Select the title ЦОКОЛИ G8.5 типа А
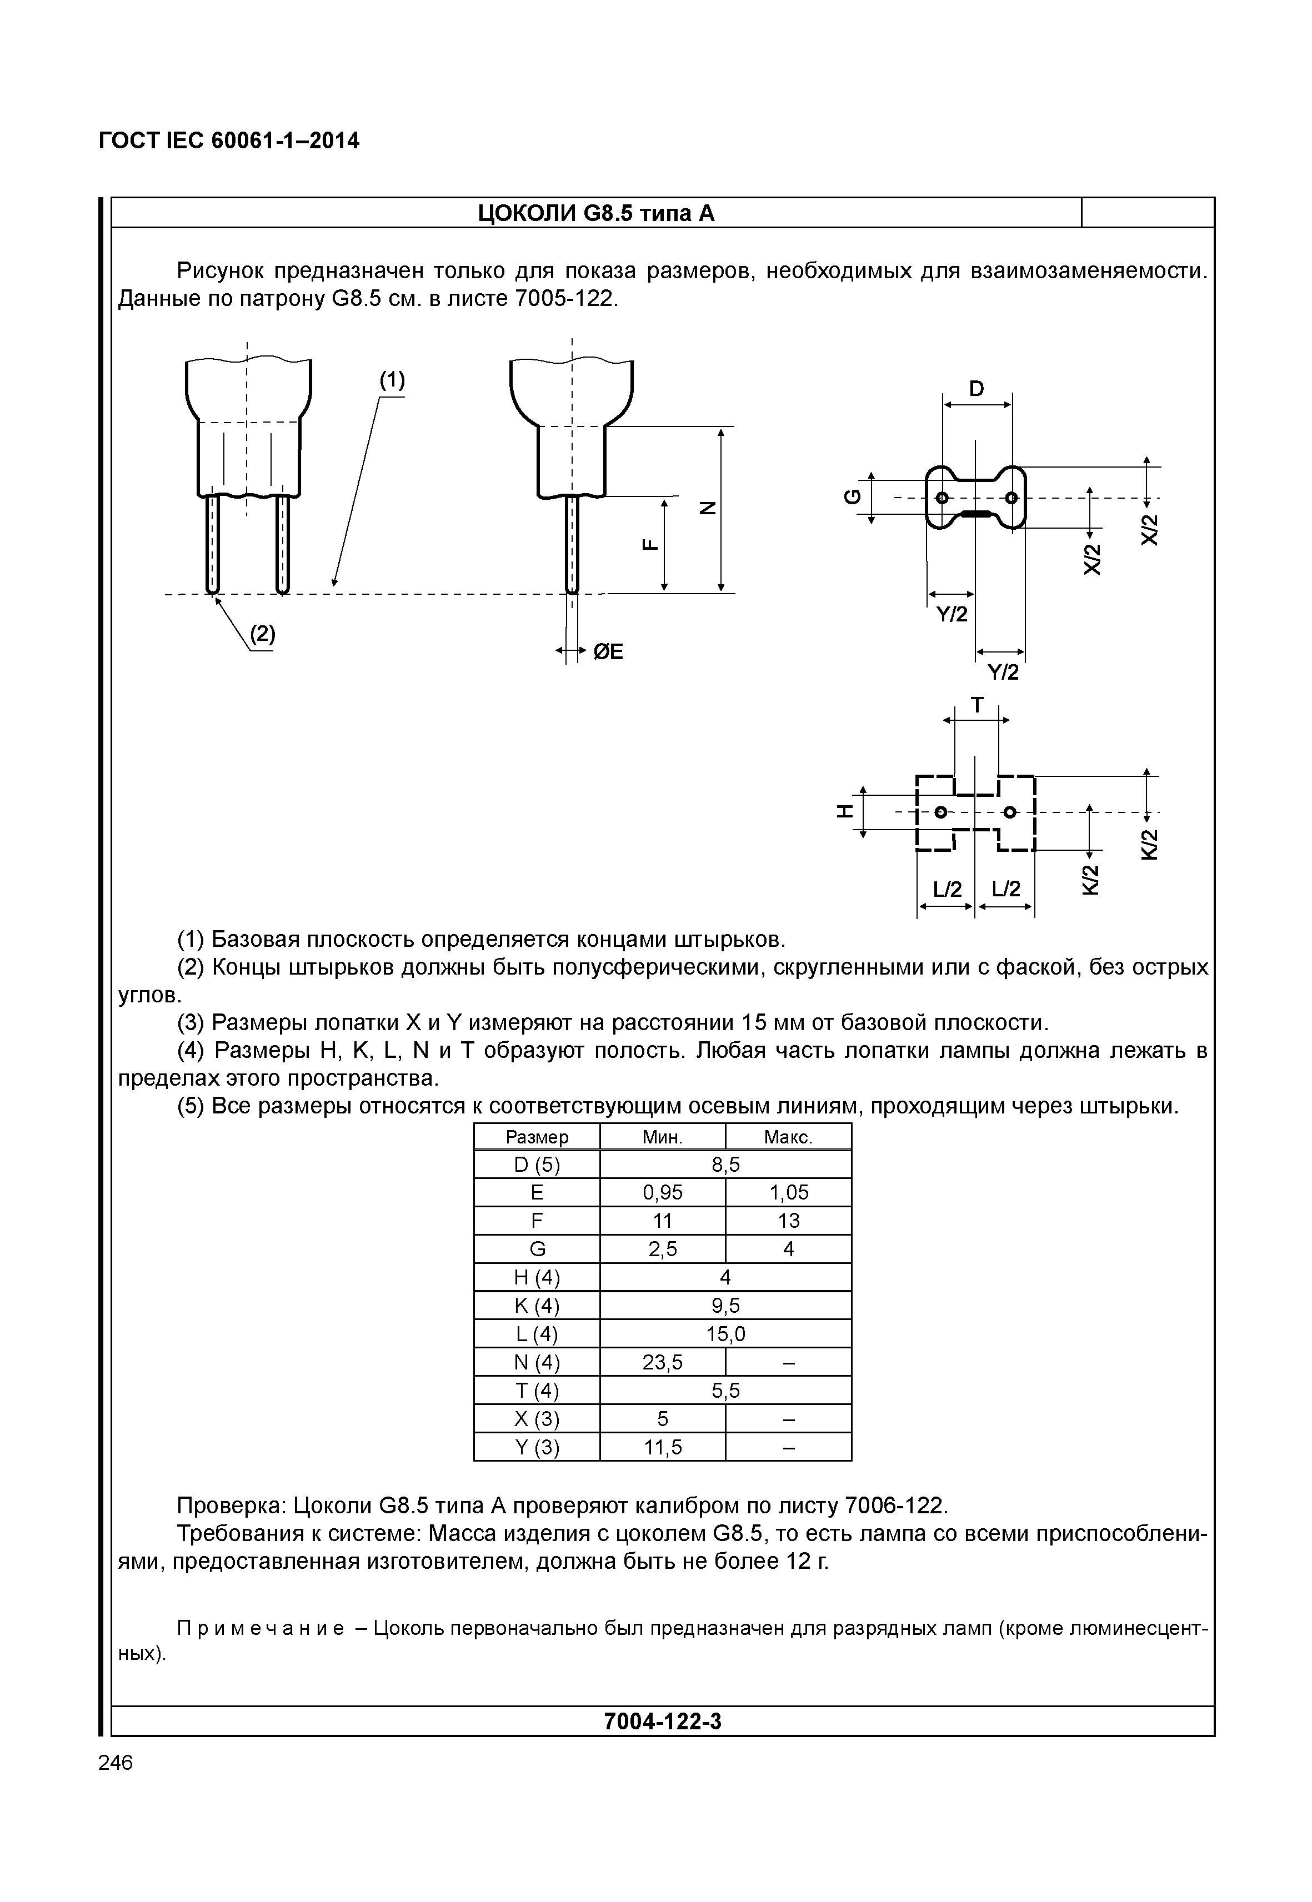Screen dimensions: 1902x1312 tap(596, 214)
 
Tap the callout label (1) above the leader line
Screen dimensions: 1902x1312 tap(392, 380)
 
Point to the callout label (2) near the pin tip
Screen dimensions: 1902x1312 tap(262, 634)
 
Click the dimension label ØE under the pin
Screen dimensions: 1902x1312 tap(608, 652)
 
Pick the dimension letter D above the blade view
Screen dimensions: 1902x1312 tap(976, 389)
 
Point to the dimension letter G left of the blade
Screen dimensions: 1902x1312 tap(853, 496)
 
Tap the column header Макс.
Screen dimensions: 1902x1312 tap(788, 1137)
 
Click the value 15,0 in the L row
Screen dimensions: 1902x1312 tap(725, 1334)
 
